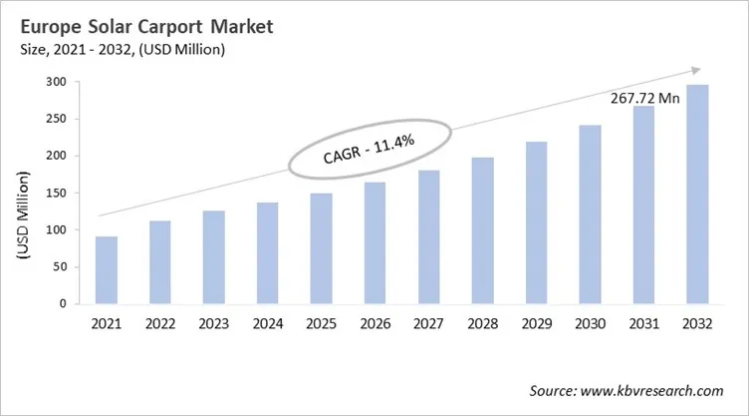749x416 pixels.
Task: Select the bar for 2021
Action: click(107, 269)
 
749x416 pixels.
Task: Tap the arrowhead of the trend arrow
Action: click(693, 70)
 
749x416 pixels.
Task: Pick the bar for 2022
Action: click(160, 261)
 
